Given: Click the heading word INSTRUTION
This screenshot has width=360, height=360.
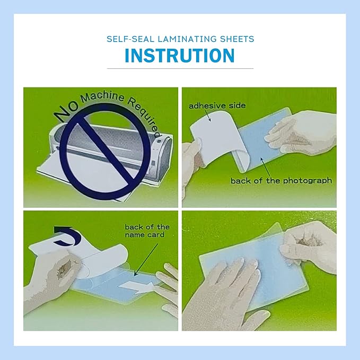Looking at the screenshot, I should coord(180,56).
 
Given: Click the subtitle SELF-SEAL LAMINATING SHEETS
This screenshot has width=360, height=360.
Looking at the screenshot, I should coord(180,39).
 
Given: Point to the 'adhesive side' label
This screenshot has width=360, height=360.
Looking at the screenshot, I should coord(217,106).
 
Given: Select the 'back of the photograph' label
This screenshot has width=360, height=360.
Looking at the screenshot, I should coord(281,181).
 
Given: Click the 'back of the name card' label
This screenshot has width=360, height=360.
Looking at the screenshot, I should coord(147,231).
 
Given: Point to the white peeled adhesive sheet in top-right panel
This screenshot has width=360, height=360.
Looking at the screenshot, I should coord(215,133).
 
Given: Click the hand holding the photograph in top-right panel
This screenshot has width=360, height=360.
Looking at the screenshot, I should coord(302,135).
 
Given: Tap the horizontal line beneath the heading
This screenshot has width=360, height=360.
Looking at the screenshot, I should coord(180,68).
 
